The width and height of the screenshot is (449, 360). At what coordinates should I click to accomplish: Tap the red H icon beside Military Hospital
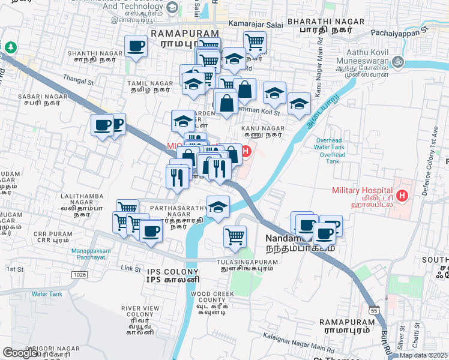click(402, 196)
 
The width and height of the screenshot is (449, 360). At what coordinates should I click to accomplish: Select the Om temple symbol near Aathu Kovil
click(397, 62)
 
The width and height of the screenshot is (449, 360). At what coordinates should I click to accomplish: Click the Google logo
click(20, 352)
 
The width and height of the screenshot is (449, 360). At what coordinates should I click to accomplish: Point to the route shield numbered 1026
click(79, 274)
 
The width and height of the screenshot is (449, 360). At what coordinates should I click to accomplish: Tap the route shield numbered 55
click(373, 311)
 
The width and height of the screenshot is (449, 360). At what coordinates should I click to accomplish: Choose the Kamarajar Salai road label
click(250, 23)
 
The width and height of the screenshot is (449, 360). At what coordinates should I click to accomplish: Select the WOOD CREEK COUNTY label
click(207, 296)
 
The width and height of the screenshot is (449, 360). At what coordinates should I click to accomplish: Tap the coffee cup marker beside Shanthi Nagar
click(136, 46)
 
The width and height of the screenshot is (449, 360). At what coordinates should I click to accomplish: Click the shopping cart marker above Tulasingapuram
click(235, 235)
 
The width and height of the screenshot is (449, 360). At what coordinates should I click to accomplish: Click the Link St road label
click(130, 268)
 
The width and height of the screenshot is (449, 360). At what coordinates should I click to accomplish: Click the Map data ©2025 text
click(423, 355)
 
